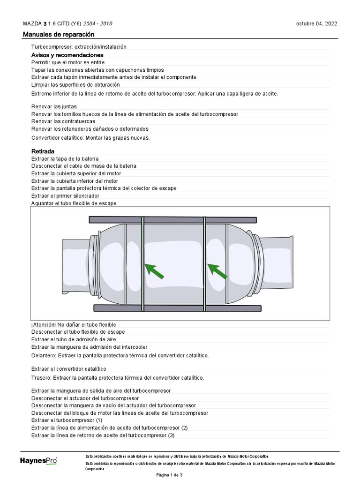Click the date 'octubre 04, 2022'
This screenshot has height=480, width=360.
click(x=316, y=24)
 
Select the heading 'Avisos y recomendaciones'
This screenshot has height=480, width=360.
click(x=67, y=55)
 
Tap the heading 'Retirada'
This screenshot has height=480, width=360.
click(x=43, y=151)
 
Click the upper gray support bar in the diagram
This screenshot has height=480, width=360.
click(x=172, y=219)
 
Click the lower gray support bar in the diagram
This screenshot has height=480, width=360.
click(x=177, y=308)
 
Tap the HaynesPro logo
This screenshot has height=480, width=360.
click(x=38, y=461)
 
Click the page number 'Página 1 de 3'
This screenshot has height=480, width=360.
click(x=169, y=475)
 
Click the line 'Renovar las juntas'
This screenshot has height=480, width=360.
click(x=54, y=106)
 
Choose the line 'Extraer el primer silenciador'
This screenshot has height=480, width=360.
click(x=65, y=195)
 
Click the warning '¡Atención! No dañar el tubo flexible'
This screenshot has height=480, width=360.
click(x=74, y=324)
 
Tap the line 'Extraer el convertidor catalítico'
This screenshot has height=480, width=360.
click(x=69, y=369)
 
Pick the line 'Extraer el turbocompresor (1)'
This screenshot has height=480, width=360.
click(x=67, y=420)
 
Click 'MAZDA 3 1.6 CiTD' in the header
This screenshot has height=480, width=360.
click(x=52, y=24)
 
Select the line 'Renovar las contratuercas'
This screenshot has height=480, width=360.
click(x=63, y=121)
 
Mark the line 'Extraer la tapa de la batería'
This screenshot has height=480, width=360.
click(x=65, y=158)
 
